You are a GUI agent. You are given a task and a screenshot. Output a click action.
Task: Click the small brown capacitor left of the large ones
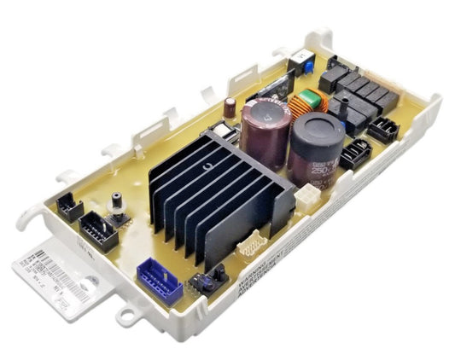[x=230, y=107]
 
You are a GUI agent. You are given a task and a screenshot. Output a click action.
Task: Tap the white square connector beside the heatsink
[x=305, y=198]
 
